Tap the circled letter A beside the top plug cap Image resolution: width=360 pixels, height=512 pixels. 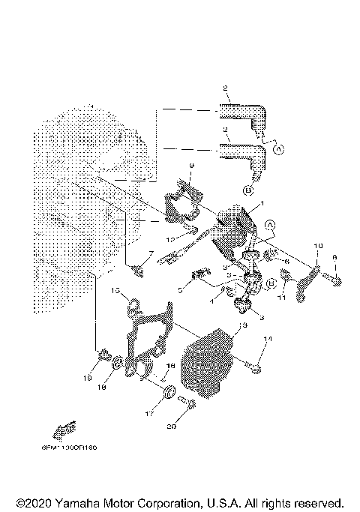tap(279, 149)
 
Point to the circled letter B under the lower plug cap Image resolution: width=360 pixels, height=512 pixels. tap(247, 190)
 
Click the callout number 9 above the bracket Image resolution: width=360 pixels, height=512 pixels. tap(192, 165)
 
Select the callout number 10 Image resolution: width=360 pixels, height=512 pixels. tap(317, 246)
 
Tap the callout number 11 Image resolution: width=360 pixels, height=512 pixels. tap(283, 298)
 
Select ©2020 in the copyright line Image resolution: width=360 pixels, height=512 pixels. tap(34, 502)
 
